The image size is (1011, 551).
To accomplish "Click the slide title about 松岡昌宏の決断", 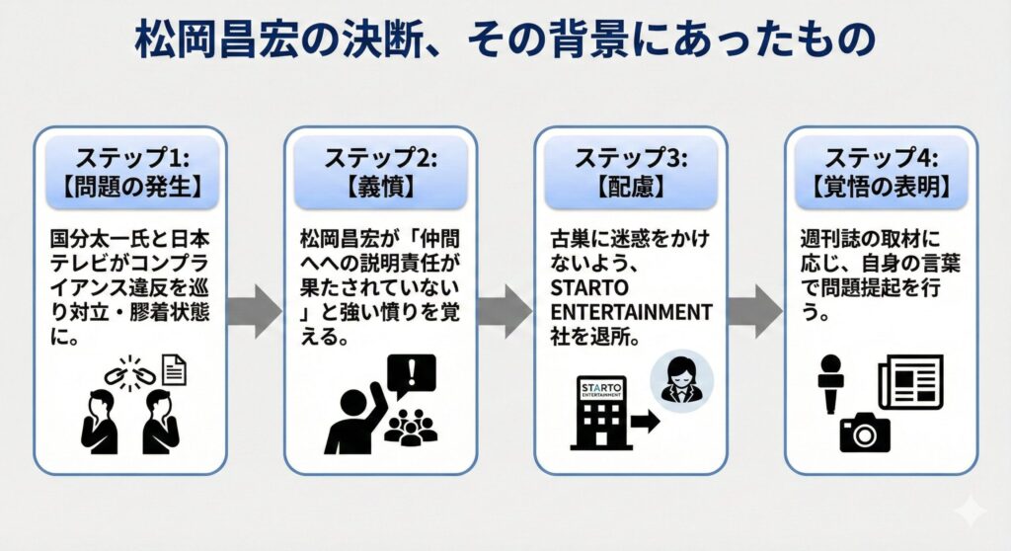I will (505, 41).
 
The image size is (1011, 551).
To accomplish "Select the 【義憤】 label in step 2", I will (380, 186).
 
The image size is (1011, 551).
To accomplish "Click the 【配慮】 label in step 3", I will (631, 186).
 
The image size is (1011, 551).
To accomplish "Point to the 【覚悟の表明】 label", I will (881, 186).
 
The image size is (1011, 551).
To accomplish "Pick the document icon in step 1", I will (174, 370).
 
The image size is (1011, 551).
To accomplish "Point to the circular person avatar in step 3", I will (678, 380).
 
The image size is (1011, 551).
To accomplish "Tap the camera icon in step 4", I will (865, 433).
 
